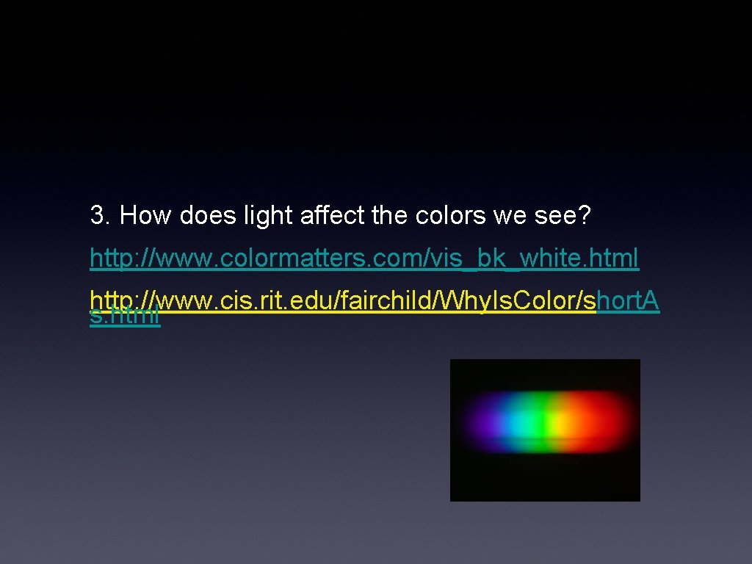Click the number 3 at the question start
97,216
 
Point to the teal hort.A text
629,302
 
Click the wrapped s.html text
125,317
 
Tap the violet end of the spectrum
477,424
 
